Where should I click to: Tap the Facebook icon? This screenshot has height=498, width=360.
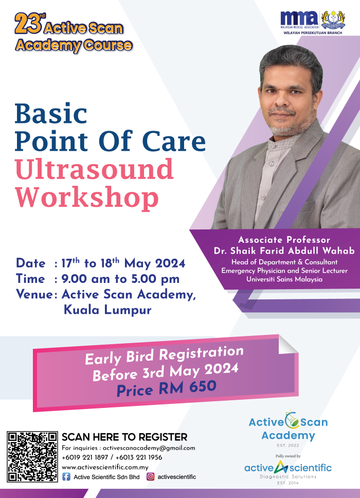(x=66, y=477)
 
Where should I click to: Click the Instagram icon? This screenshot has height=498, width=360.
(x=151, y=477)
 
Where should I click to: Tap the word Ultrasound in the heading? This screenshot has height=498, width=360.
(x=95, y=169)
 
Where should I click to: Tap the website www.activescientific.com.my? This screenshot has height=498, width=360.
(x=105, y=467)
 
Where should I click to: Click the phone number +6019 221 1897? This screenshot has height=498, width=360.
(x=85, y=457)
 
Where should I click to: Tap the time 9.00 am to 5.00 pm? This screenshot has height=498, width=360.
(x=120, y=279)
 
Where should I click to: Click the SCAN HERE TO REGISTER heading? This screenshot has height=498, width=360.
(x=124, y=437)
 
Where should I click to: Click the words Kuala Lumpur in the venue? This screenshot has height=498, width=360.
(x=107, y=310)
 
